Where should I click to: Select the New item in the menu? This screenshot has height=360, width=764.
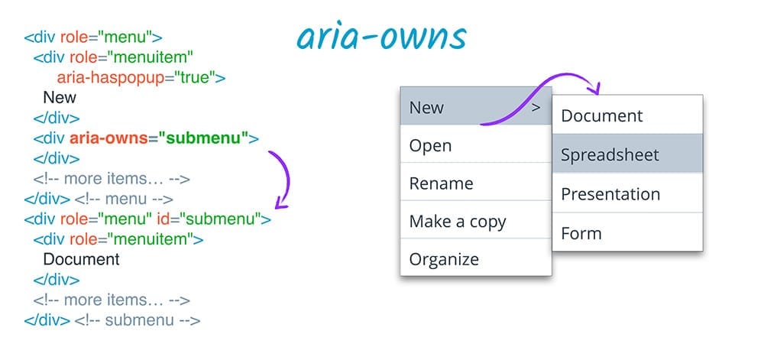point(426,108)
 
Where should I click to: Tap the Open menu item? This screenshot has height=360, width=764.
point(430,145)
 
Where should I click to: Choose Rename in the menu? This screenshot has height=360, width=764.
point(441,183)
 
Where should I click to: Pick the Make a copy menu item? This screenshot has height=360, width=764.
point(458,222)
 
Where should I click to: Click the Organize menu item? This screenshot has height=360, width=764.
point(444,259)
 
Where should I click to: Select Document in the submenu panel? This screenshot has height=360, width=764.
point(602,116)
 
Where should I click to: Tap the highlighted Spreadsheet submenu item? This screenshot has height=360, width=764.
point(610,155)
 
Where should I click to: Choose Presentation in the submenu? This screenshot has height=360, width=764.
point(610,194)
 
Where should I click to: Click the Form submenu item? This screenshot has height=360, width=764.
point(581,233)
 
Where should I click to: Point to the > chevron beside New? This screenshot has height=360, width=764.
point(536,108)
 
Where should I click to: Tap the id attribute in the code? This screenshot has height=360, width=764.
point(165,219)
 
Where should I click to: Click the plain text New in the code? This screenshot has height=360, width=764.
point(60,98)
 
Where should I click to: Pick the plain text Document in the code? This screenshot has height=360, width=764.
point(81,259)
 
